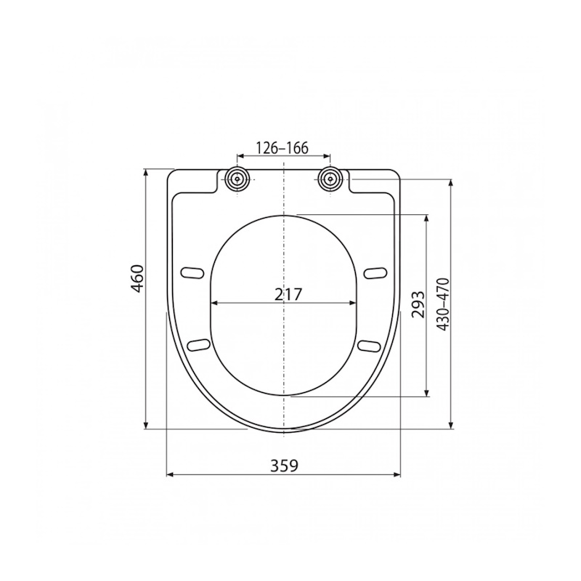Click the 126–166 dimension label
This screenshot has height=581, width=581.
coord(283,148)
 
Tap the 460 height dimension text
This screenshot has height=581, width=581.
coord(138,279)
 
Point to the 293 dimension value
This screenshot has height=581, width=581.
coord(417,304)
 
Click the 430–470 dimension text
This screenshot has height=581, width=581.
coord(443,304)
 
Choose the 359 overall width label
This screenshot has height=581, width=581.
coord(284,466)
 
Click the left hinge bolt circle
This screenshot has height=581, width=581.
coord(237,179)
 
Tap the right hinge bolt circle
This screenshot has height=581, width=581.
coord(330,179)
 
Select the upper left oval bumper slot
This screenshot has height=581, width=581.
coord(192,273)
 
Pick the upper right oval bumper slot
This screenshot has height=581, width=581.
coord(375,273)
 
